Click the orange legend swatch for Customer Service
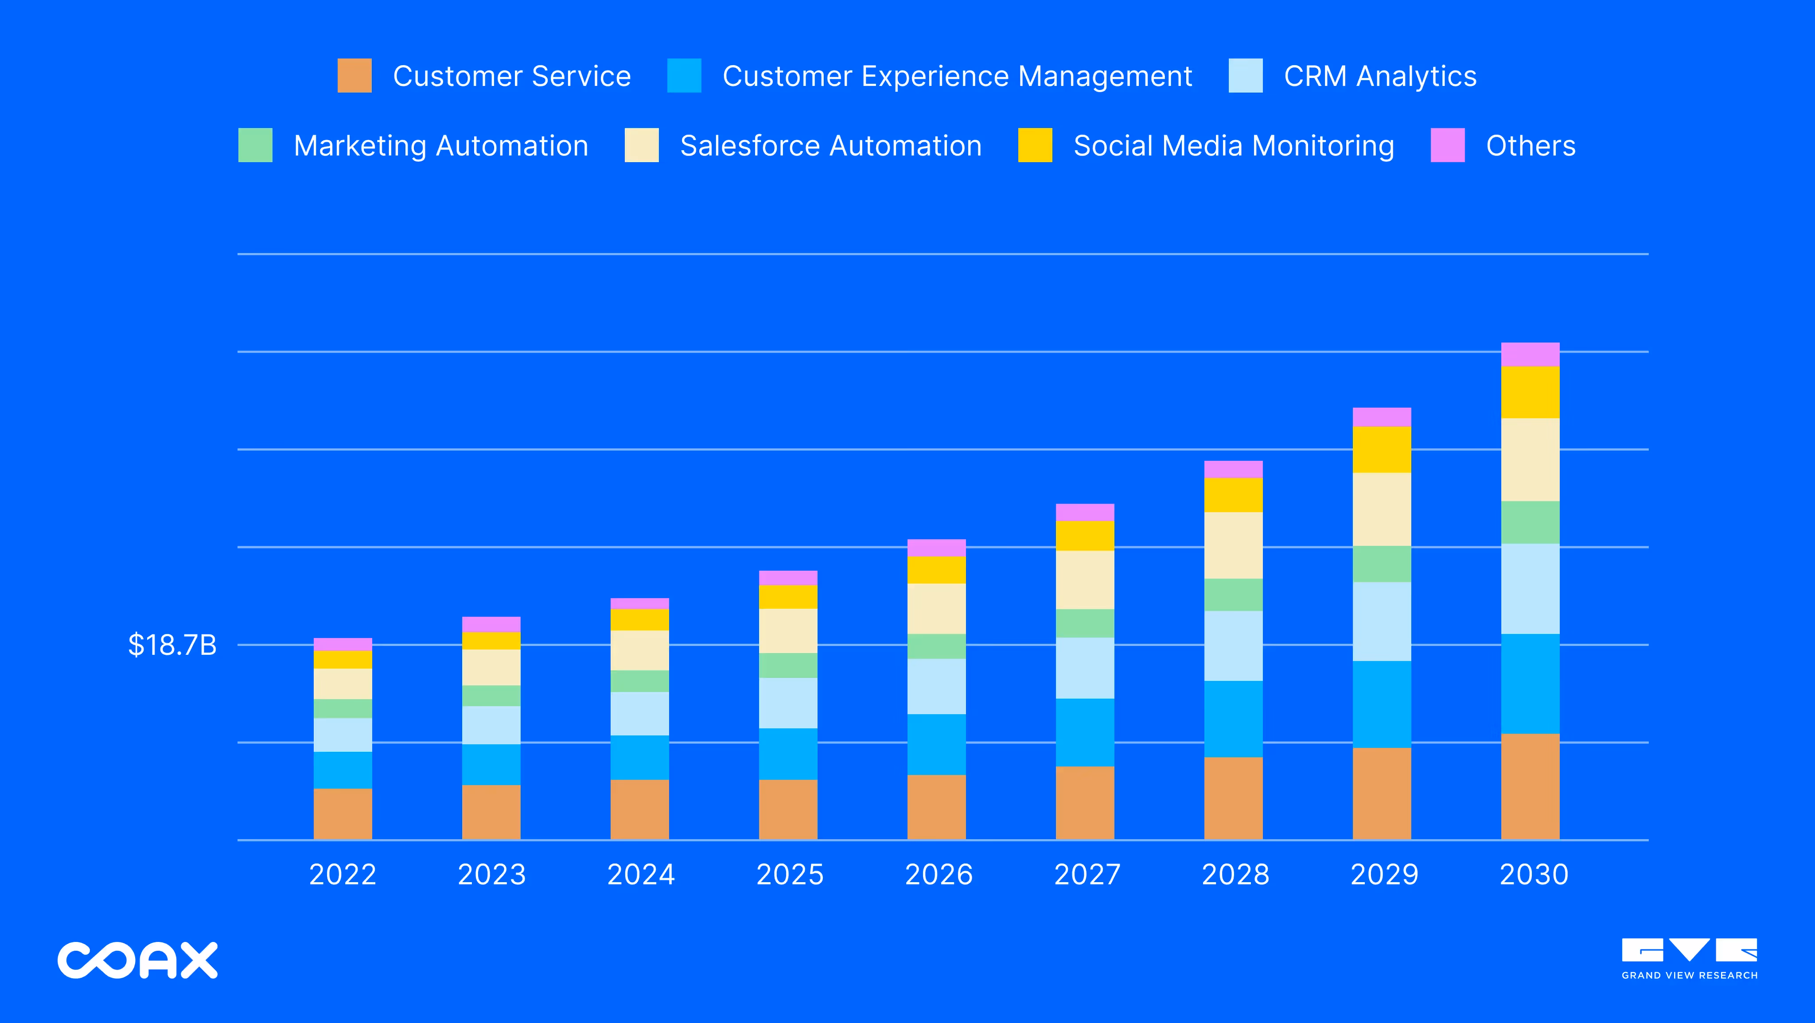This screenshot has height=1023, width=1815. click(354, 75)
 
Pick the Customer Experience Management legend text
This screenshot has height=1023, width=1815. click(957, 76)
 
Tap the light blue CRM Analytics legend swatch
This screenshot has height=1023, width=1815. click(1245, 75)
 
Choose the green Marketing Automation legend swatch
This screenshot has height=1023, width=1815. click(255, 145)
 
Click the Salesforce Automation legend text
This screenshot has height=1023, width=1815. click(831, 146)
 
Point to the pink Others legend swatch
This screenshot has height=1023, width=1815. click(1447, 145)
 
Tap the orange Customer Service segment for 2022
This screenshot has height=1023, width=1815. click(343, 814)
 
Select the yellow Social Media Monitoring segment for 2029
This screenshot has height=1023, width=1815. click(1381, 450)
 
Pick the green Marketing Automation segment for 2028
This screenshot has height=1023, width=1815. click(1233, 595)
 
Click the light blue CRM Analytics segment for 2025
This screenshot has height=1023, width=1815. click(788, 703)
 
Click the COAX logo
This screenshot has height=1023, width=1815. click(137, 960)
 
